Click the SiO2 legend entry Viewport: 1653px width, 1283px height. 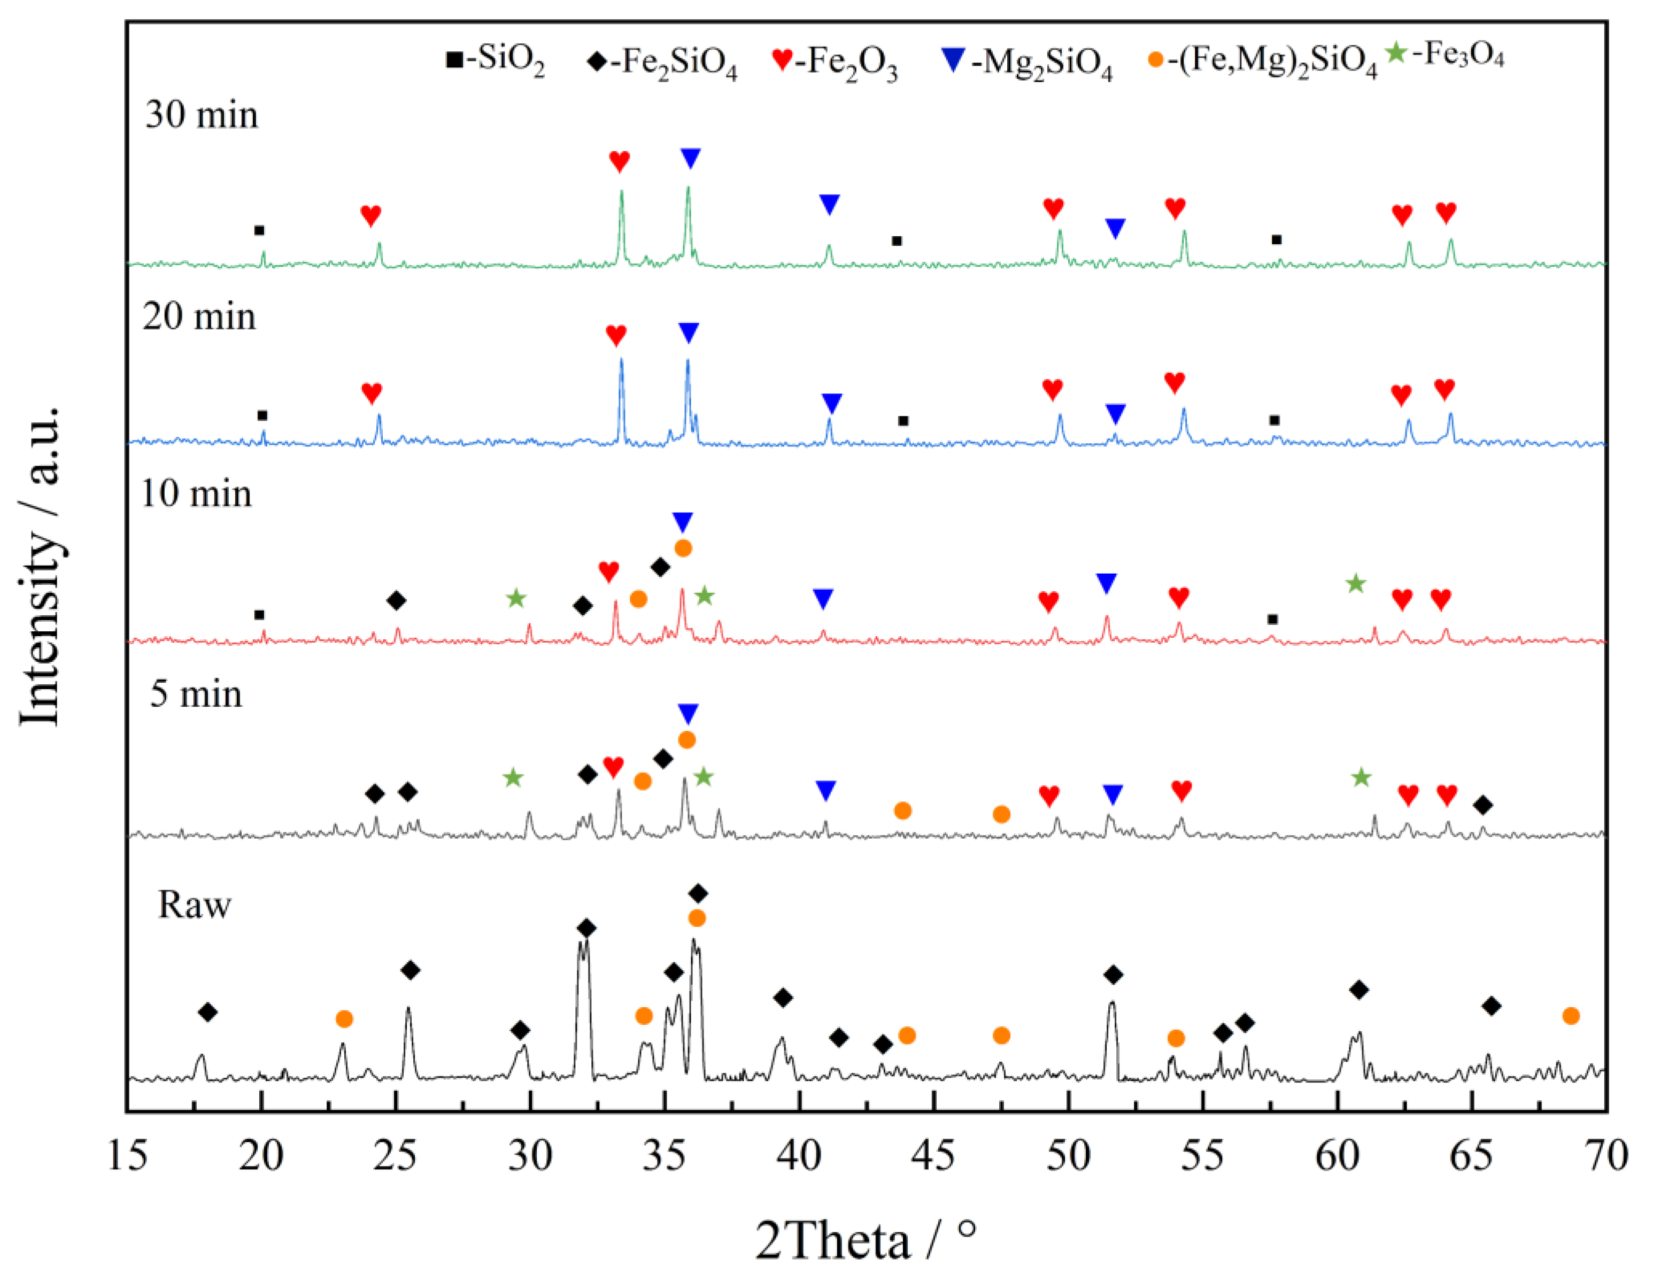coord(496,60)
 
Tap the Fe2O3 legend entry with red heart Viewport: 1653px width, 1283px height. coord(835,62)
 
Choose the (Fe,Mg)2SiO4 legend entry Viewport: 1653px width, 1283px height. coord(1262,62)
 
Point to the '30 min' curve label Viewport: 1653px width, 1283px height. coord(202,115)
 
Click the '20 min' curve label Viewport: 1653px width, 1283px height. coord(199,316)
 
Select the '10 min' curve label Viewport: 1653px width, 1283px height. coord(196,493)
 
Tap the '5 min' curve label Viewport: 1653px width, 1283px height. coord(196,694)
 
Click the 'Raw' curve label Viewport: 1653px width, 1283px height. coord(195,905)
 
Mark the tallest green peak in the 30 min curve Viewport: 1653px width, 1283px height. coord(688,189)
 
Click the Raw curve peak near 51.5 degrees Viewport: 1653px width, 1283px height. coord(1112,1004)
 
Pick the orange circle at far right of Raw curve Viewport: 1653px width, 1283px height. coord(1571,1016)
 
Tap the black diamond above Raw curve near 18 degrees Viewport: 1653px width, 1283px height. coord(208,1012)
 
